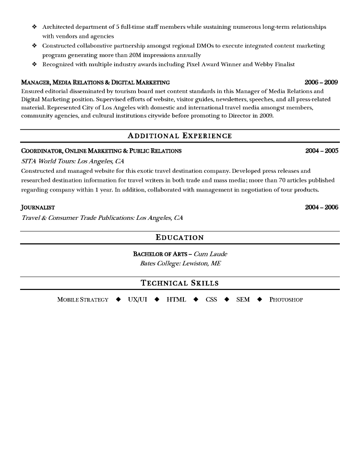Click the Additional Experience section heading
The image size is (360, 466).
pyautogui.click(x=180, y=136)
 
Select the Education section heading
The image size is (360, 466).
pyautogui.click(x=180, y=238)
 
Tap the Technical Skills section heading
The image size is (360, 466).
pyautogui.click(x=180, y=283)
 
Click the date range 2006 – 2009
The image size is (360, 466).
pyautogui.click(x=321, y=83)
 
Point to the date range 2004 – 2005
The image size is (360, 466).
pyautogui.click(x=322, y=151)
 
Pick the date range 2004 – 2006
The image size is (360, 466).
pyautogui.click(x=322, y=207)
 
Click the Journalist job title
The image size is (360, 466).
pyautogui.click(x=38, y=208)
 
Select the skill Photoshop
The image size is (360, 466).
pyautogui.click(x=286, y=300)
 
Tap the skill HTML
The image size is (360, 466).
pyautogui.click(x=176, y=300)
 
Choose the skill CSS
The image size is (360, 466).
pyautogui.click(x=211, y=300)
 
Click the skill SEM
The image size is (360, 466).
pyautogui.click(x=243, y=300)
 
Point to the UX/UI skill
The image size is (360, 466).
pyautogui.click(x=137, y=300)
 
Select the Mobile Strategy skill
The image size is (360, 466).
pyautogui.click(x=83, y=300)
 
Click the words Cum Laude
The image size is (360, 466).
pyautogui.click(x=210, y=254)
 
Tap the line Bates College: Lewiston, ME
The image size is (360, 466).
pyautogui.click(x=180, y=263)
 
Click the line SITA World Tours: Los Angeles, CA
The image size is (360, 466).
pyautogui.click(x=73, y=161)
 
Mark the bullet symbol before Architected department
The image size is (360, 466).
pyautogui.click(x=34, y=27)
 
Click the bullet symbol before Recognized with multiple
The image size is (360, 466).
pyautogui.click(x=34, y=64)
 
